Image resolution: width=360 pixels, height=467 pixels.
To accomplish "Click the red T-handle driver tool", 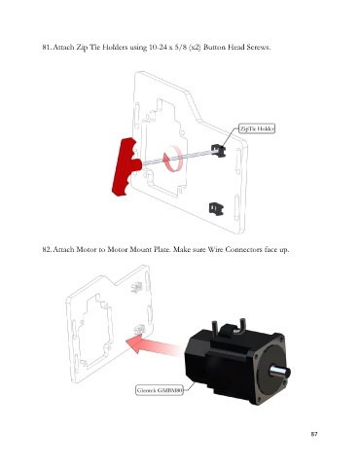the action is point(125,166).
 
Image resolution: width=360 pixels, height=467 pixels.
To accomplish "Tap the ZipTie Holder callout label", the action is point(257,128).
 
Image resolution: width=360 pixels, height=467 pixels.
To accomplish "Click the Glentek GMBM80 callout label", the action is point(160,390).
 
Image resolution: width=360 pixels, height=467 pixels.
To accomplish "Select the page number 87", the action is point(314,434).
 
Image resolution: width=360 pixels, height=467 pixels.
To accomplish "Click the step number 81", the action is point(47,48).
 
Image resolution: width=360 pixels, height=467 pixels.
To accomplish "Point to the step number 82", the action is point(47,250).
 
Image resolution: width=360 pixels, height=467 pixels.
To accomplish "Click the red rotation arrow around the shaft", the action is point(172,159).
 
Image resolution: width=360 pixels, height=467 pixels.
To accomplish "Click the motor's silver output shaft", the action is point(279,372).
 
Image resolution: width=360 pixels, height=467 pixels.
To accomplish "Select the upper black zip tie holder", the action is point(218,151).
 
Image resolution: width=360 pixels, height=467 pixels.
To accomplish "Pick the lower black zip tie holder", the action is point(216,208).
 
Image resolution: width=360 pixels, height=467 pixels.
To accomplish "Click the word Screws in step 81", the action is point(258,48).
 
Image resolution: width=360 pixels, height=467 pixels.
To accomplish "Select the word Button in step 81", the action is point(215,48).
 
